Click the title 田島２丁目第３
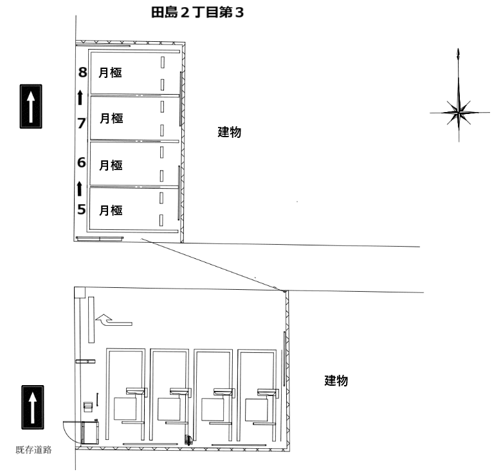(197, 13)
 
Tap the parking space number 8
(82, 72)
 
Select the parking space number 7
(82, 123)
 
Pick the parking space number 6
(82, 162)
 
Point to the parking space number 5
(82, 209)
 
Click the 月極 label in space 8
(110, 73)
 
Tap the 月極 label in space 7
(111, 118)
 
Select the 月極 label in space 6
(111, 166)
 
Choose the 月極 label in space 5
(111, 211)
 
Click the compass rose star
(459, 112)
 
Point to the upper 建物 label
(230, 132)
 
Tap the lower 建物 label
(336, 381)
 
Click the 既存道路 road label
(33, 450)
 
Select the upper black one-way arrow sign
(31, 106)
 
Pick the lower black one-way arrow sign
(33, 408)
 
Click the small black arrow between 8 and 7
(80, 97)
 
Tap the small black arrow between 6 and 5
(79, 189)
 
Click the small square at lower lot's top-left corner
(80, 292)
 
